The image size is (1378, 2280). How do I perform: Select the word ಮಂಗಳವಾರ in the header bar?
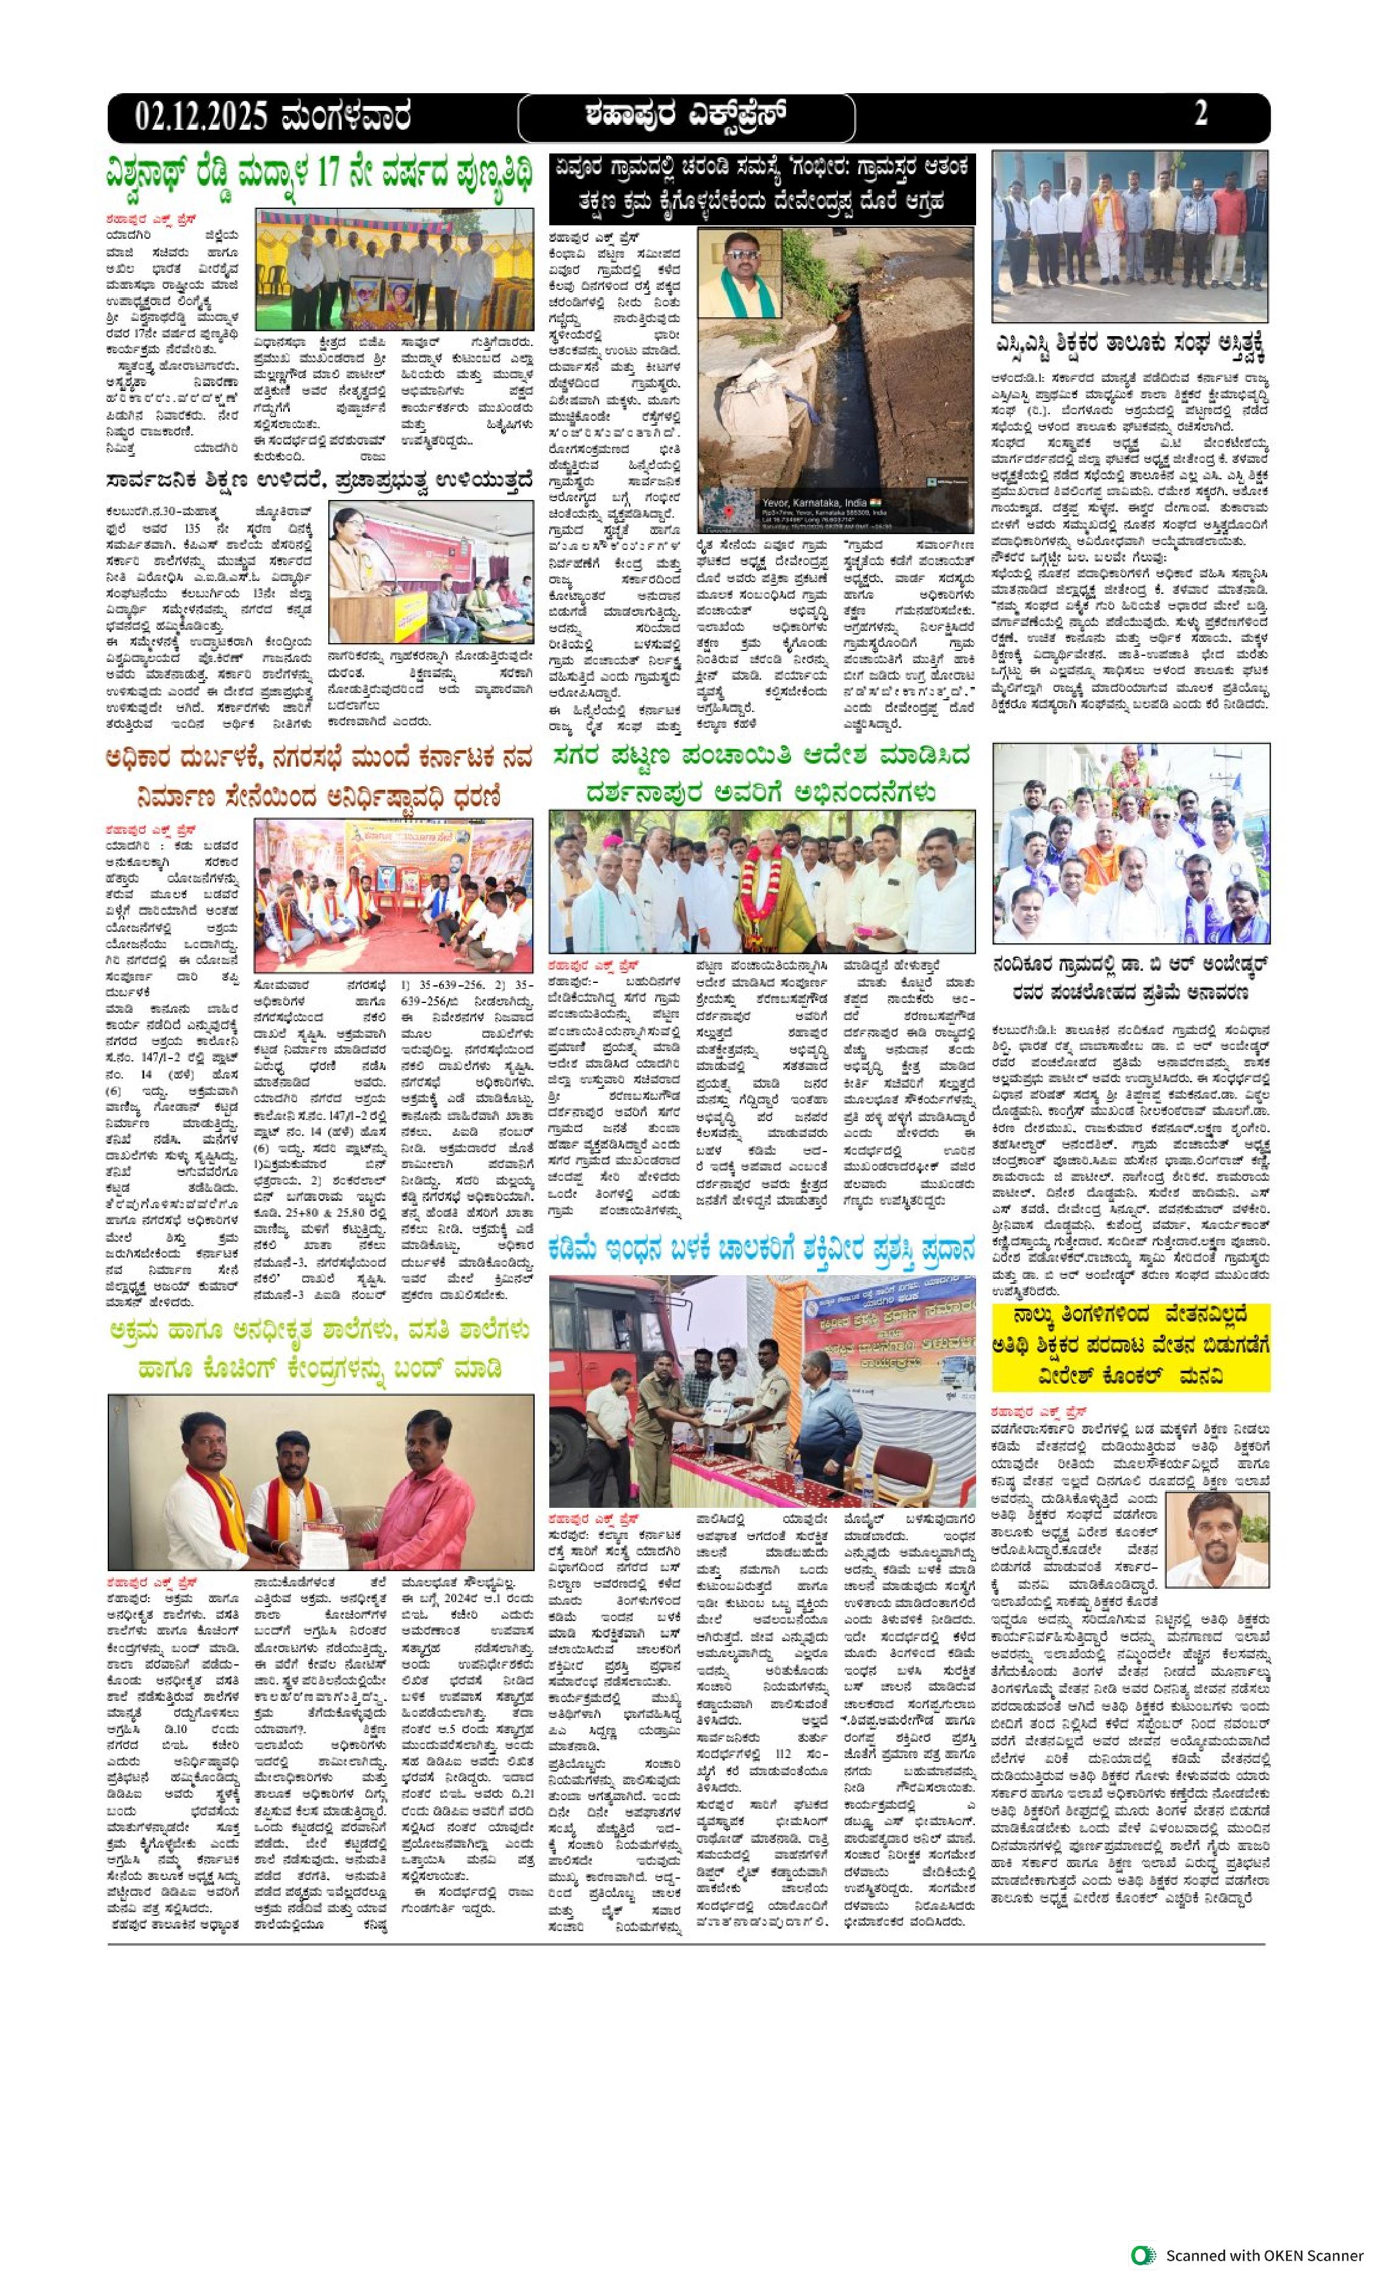(347, 118)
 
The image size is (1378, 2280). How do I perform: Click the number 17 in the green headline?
(329, 174)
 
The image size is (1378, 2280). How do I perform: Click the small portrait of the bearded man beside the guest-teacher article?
(1217, 1538)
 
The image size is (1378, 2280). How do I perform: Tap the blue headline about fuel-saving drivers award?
(761, 1248)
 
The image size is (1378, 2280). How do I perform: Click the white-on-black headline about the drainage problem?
(761, 188)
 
